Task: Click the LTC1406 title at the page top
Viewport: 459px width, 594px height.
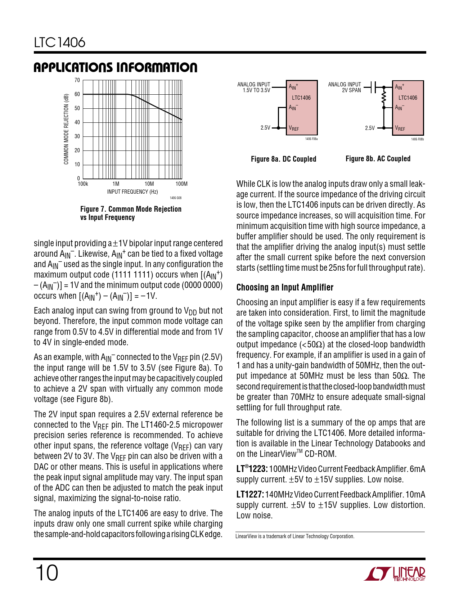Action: click(60, 42)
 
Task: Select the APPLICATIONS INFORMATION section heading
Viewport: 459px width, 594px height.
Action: click(115, 67)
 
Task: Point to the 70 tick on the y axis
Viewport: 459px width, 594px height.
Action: click(77, 80)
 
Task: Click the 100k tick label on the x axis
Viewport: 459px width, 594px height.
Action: click(83, 184)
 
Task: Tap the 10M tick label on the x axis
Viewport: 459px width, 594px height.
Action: click(149, 184)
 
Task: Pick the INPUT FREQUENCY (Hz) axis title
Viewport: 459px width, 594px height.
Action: click(132, 192)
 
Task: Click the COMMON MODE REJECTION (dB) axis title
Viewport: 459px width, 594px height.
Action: click(66, 129)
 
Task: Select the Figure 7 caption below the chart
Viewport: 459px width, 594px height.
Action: click(131, 213)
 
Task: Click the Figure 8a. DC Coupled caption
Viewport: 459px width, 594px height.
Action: click(283, 159)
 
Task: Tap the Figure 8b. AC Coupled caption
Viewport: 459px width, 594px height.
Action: click(378, 159)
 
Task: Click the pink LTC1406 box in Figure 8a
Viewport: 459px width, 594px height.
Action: click(302, 108)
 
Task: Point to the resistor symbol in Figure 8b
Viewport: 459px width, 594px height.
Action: click(384, 97)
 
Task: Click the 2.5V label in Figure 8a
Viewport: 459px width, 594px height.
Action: click(265, 128)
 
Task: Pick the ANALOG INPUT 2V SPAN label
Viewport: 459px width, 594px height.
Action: click(345, 87)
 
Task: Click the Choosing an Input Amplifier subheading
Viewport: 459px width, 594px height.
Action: click(285, 287)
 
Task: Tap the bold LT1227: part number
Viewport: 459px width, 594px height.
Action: click(250, 495)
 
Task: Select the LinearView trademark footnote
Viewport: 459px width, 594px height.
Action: click(295, 536)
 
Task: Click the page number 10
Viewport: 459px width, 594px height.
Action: click(46, 573)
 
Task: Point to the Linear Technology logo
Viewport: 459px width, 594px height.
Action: click(395, 574)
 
